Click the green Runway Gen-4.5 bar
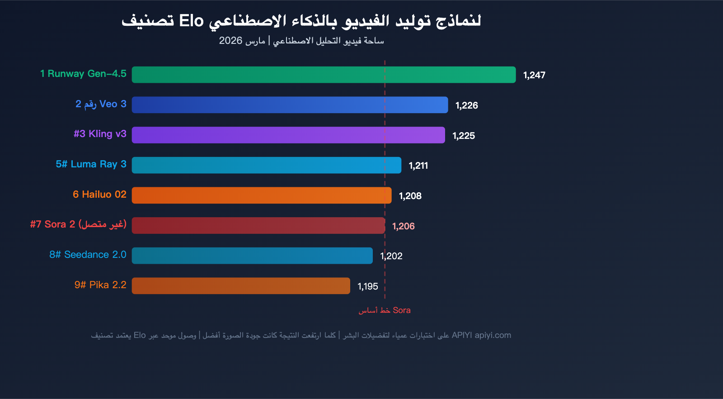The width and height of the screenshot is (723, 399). pos(324,75)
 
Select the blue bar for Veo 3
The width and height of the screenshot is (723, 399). pos(290,105)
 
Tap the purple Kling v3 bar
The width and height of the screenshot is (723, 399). pos(288,135)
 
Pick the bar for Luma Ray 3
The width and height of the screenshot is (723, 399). pos(266,165)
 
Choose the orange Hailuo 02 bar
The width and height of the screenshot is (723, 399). pos(262,195)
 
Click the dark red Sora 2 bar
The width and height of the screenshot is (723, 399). pos(258,225)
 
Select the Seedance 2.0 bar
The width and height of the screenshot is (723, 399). pos(252,256)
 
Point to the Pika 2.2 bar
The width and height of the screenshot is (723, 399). pos(241,286)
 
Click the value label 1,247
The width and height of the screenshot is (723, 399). pos(534,75)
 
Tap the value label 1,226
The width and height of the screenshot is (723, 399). pos(466,105)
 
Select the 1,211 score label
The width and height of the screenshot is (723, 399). pos(418,166)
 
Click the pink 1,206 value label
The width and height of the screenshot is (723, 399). pos(403,226)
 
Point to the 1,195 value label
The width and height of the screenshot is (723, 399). pos(367,286)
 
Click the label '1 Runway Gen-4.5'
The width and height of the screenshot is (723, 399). pos(83,74)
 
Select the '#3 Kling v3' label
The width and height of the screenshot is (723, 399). pos(100,134)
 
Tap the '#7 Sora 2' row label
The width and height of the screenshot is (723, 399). pos(78,224)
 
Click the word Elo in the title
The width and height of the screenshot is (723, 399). pos(191,21)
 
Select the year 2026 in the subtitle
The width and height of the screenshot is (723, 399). pos(230,41)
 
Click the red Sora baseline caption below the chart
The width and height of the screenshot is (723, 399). pos(385,310)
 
